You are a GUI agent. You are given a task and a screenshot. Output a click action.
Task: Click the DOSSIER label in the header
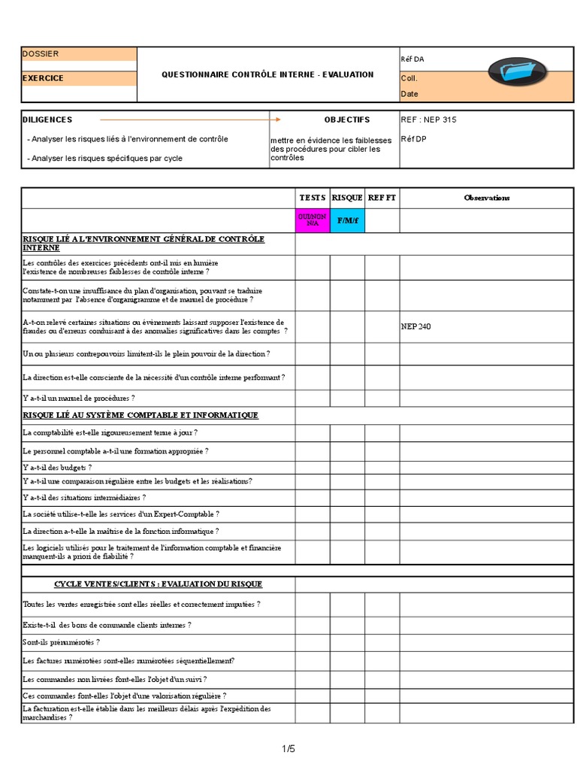point(41,54)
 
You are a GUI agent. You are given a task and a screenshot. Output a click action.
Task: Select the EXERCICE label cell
point(43,78)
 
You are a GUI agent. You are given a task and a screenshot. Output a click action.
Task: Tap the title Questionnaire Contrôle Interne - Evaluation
point(267,74)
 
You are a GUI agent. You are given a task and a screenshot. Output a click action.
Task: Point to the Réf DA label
point(412,59)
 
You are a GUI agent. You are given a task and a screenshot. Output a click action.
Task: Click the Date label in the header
point(409,94)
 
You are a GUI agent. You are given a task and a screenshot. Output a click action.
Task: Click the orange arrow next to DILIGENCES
point(190,120)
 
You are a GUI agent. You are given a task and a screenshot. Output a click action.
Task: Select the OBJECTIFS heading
point(347,120)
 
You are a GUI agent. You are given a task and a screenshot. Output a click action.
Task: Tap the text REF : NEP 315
point(428,120)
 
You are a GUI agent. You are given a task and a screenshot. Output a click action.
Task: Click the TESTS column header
point(313,198)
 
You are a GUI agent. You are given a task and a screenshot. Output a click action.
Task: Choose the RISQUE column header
point(347,198)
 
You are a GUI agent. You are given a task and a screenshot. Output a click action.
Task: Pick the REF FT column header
point(382,198)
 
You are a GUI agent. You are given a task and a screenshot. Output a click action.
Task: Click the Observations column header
point(486,198)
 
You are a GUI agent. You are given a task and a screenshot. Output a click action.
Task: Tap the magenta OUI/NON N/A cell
point(313,220)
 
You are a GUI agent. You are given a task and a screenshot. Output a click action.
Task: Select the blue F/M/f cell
point(347,221)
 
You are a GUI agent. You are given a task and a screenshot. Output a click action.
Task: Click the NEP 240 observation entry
point(415,326)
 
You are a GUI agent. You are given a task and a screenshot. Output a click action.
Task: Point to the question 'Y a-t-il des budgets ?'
point(58,467)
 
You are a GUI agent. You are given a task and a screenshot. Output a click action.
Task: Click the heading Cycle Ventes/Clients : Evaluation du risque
point(158,584)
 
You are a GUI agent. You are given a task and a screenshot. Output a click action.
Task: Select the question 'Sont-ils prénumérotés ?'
point(62,642)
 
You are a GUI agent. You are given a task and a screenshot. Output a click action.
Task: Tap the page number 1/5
point(288,748)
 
